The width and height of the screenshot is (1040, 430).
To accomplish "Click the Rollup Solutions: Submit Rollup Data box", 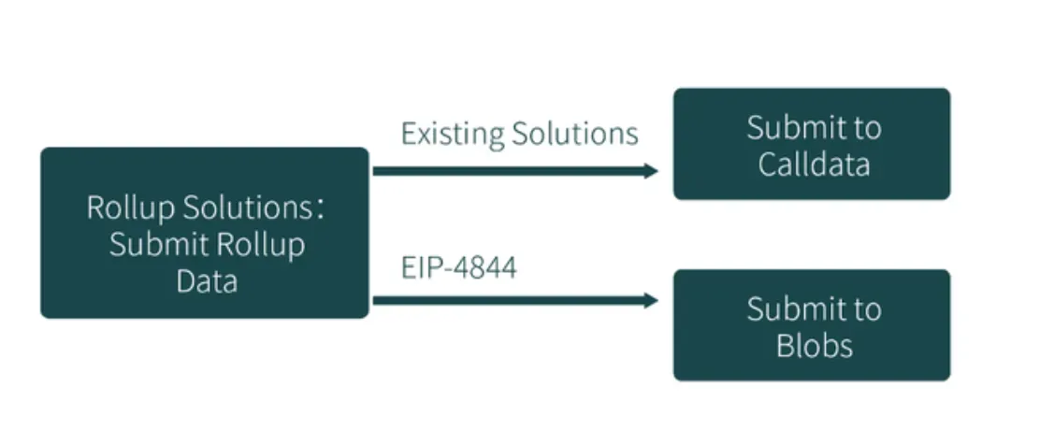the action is pos(205,233).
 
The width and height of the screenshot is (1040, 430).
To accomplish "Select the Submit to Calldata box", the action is pos(812,144).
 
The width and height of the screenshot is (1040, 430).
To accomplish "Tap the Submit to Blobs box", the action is pos(812,325).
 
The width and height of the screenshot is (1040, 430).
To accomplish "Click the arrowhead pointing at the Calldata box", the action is pos(651,170).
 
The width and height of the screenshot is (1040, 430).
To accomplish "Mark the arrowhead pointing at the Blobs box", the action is pos(651,300).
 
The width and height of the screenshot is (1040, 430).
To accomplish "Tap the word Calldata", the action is pos(814,165).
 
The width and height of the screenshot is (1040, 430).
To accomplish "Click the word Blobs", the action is pos(814,346).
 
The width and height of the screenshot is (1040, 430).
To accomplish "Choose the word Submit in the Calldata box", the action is pos(787,127).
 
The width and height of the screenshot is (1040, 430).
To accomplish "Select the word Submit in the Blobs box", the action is pos(787,308).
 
